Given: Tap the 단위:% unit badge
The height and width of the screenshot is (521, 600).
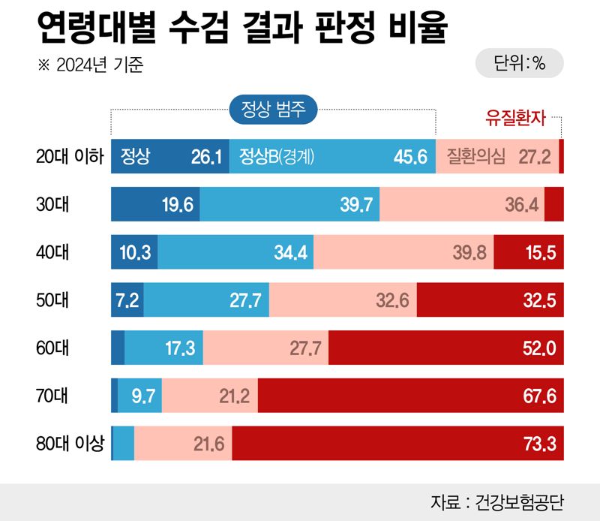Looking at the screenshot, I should coord(519,65).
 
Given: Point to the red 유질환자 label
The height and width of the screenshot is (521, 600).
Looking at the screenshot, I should coord(516,118).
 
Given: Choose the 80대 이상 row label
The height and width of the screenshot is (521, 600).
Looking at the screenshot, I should coord(69,443).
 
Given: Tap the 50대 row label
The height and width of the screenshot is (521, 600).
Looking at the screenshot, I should coord(52,300).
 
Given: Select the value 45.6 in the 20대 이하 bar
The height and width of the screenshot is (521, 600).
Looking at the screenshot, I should coord(409,157).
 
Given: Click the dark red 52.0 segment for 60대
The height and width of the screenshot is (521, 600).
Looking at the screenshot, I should coord(445,348).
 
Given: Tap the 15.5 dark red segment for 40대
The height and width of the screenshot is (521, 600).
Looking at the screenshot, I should coord(529,252).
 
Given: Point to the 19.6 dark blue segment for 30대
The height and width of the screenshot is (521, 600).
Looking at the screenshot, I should coord(155,205).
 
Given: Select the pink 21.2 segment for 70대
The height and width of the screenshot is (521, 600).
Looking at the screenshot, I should coord(210,396).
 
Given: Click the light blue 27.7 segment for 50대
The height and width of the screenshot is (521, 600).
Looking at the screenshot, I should coord(206,300).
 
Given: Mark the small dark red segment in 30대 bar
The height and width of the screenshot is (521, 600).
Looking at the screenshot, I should coord(553,205).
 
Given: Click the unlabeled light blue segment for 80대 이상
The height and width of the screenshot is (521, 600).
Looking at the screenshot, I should coord(124,444).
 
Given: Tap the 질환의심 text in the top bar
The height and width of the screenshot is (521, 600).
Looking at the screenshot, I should coord(475,157).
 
